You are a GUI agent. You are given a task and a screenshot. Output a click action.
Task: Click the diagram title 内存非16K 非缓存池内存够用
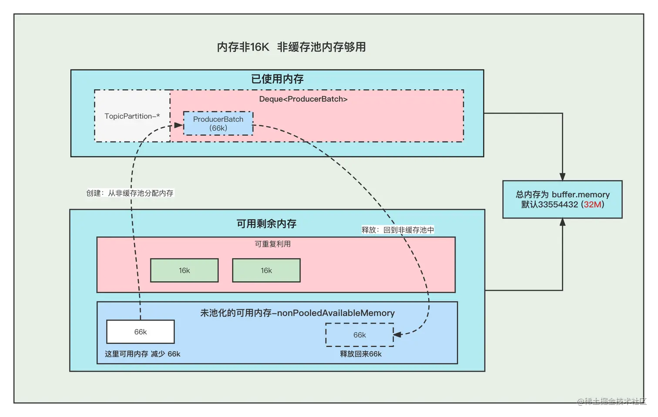pyautogui.click(x=291, y=47)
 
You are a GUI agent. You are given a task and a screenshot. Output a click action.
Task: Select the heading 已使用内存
pyautogui.click(x=277, y=79)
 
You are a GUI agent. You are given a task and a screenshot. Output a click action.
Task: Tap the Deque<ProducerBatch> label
pyautogui.click(x=303, y=99)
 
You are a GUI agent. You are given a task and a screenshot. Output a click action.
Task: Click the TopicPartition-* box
pyautogui.click(x=132, y=116)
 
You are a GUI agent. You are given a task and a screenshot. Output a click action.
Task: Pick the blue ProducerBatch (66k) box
pyautogui.click(x=218, y=123)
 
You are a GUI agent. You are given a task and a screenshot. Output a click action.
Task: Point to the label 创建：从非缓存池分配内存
pyautogui.click(x=130, y=193)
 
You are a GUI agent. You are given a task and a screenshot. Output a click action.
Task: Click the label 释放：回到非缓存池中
pyautogui.click(x=398, y=230)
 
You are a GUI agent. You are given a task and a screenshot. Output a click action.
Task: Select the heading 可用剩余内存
pyautogui.click(x=266, y=224)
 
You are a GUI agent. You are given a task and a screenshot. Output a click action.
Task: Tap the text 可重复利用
pyautogui.click(x=273, y=244)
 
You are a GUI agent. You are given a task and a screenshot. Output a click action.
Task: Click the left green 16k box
pyautogui.click(x=184, y=270)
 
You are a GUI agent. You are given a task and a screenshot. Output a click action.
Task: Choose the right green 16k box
pyautogui.click(x=266, y=270)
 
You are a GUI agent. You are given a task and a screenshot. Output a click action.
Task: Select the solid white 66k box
pyautogui.click(x=141, y=332)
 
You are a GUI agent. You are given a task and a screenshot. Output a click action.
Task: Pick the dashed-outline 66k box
pyautogui.click(x=359, y=335)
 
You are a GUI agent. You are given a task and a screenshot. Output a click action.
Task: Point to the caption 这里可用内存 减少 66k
pyautogui.click(x=142, y=354)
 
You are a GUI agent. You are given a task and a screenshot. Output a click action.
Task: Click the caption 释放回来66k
pyautogui.click(x=361, y=354)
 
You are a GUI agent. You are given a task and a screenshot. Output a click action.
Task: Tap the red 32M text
pyautogui.click(x=592, y=205)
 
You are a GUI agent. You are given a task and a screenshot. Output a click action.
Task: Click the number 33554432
pyautogui.click(x=558, y=205)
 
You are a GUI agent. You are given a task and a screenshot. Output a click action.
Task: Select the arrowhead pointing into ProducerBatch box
pyautogui.click(x=178, y=125)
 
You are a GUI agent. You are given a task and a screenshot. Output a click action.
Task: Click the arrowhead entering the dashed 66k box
pyautogui.click(x=397, y=334)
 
